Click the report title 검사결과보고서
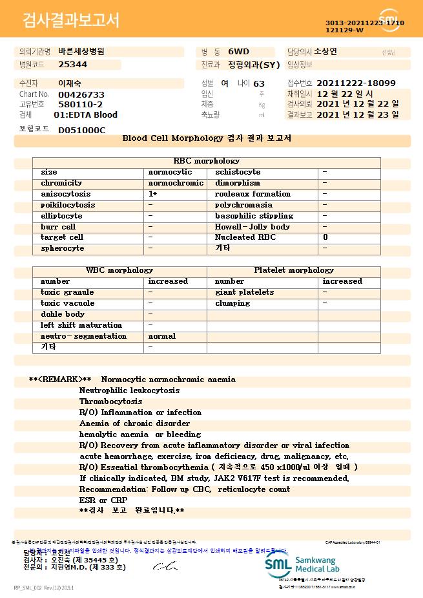[x=71, y=21]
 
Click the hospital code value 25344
[x=72, y=65]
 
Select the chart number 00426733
[x=81, y=94]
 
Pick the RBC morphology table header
[x=207, y=161]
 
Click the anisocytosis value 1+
[x=153, y=194]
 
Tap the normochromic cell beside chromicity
[x=176, y=183]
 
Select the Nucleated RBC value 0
[x=325, y=237]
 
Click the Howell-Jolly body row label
[x=253, y=227]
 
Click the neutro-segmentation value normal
[x=162, y=336]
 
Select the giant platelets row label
[x=245, y=292]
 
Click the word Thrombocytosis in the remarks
[x=111, y=401]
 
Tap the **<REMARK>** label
[x=60, y=379]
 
